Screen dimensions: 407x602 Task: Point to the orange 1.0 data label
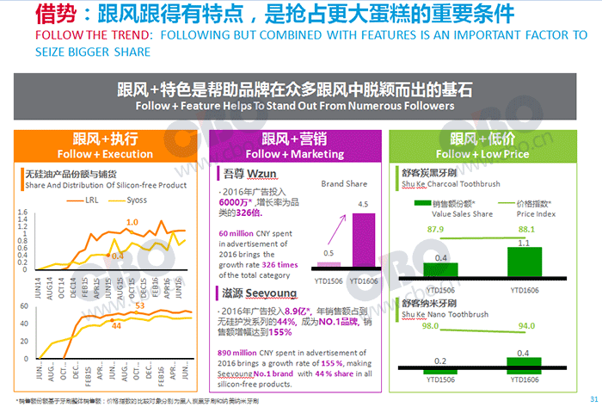132,223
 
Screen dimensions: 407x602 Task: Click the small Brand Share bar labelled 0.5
328,265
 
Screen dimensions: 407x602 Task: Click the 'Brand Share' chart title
344,184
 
